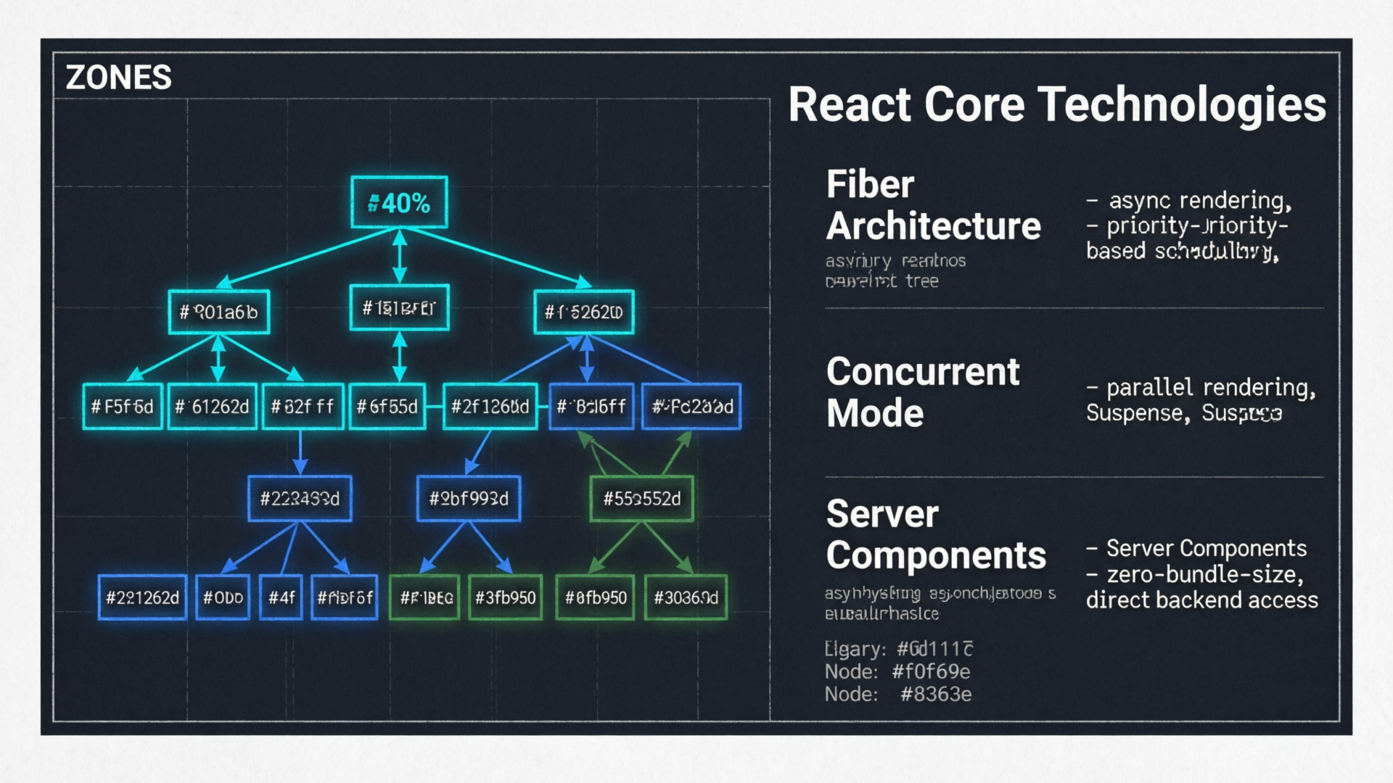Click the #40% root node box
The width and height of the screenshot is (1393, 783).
pos(399,202)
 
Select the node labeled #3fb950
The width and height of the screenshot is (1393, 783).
pos(505,597)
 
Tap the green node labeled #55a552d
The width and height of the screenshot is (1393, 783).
pos(642,499)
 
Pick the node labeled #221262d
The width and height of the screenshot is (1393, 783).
pos(142,597)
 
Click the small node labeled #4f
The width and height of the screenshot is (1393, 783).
pos(282,597)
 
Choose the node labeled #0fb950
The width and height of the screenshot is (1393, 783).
pos(595,597)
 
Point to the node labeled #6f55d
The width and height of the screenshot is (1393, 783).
pos(387,407)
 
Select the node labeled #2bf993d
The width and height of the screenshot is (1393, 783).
pos(469,499)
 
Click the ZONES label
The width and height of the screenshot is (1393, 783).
pos(118,78)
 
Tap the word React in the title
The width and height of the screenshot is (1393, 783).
pos(849,104)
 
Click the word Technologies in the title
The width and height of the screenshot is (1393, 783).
pos(1183,104)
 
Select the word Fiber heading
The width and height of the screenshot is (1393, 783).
pos(870,184)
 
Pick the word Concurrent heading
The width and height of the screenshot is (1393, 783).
pos(923,372)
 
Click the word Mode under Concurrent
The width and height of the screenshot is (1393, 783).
pos(875,413)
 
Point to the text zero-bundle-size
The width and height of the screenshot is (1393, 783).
pos(1204,574)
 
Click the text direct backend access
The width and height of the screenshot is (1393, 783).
pos(1201,600)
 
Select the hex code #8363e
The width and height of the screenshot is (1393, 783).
pos(935,695)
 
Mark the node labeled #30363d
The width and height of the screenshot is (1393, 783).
pos(686,597)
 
